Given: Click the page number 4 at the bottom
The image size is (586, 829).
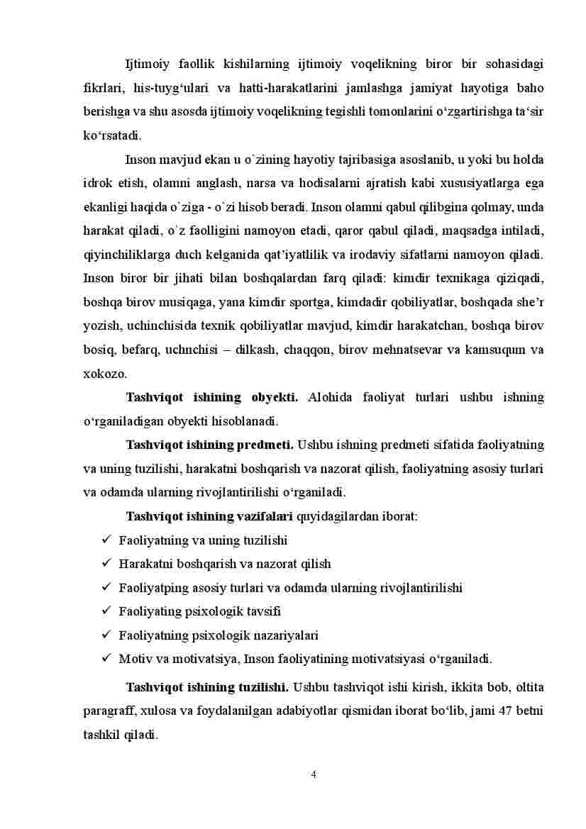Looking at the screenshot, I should tap(314, 774).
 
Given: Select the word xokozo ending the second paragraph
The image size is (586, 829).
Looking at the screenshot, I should tap(104, 373).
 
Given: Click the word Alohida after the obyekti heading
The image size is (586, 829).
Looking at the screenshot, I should tap(329, 397).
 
